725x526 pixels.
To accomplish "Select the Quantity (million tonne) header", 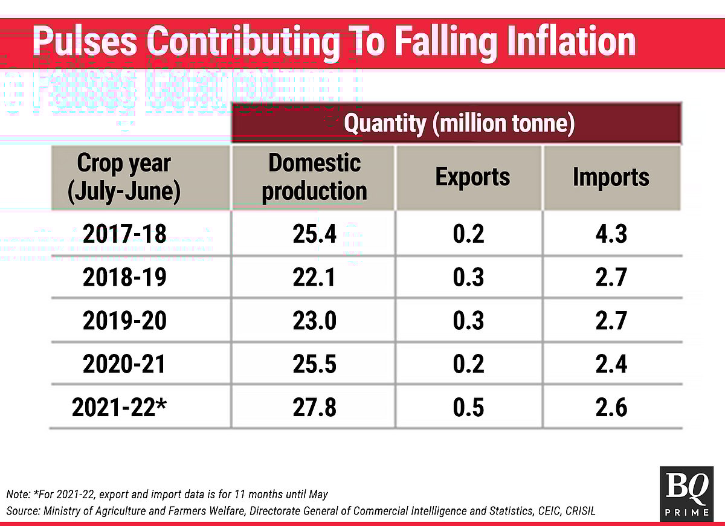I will pos(459,124).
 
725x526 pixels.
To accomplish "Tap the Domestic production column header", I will pos(314,177).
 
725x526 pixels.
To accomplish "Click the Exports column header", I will pos(472,177).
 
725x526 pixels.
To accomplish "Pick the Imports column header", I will pos(611,177).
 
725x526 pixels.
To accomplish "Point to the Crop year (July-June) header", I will pos(124,177).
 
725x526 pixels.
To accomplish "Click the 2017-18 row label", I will pos(124,234).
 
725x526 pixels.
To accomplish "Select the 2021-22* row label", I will pos(119,408).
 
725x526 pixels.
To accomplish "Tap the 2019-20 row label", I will pos(124,321).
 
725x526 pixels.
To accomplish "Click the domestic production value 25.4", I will pos(314,234).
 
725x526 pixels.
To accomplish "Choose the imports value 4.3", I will pos(611,234).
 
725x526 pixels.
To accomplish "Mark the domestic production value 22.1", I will pos(314,277).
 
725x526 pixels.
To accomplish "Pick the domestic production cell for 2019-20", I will pos(314,321).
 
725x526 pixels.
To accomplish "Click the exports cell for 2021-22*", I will pos(468,408).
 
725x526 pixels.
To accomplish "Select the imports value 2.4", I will pos(611,364).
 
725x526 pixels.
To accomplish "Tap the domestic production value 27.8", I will pos(314,408).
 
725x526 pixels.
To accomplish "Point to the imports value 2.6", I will pos(611,408).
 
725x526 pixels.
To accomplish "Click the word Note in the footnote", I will pos(18,495).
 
